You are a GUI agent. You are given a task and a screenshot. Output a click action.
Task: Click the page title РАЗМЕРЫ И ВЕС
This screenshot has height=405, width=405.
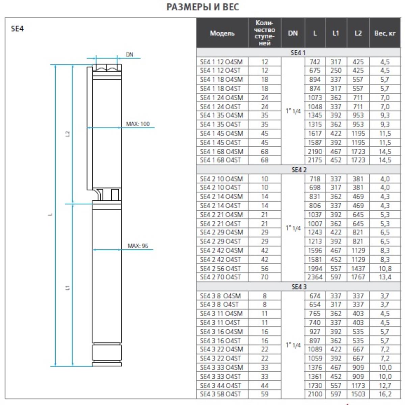pos(202,7)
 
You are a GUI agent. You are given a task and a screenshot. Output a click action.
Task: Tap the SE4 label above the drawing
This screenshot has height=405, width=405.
pos(18,28)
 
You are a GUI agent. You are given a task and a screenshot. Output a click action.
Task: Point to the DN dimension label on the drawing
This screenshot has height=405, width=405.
pos(129,55)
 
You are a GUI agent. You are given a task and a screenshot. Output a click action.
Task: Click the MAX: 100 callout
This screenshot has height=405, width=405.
pos(138,124)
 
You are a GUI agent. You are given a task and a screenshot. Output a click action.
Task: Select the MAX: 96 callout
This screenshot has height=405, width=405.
pos(138,246)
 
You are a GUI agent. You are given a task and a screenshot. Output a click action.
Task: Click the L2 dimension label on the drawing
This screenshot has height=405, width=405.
pos(68,133)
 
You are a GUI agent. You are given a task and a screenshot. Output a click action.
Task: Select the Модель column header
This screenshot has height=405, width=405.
pos(222,33)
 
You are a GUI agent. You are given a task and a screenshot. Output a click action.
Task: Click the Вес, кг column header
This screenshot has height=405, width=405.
pos(384,33)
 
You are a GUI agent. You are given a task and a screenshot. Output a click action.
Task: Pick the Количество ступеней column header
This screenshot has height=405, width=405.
pos(265,33)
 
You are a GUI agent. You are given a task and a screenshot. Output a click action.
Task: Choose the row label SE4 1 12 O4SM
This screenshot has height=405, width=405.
pos(221,62)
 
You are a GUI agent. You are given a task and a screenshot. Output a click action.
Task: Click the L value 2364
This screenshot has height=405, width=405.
pos(315,277)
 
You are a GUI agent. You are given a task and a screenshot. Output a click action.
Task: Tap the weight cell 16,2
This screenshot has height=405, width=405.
pos(385,394)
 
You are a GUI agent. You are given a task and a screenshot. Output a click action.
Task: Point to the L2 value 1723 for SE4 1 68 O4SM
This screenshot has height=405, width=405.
pos(358,152)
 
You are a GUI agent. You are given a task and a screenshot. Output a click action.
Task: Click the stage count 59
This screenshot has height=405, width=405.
pos(265,394)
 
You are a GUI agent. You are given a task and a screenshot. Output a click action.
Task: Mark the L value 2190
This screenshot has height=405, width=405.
pos(315,152)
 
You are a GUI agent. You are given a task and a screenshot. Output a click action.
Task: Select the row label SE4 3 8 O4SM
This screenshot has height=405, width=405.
pos(220,296)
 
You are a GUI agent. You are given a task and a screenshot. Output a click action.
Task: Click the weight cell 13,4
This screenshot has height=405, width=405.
pos(385,277)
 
